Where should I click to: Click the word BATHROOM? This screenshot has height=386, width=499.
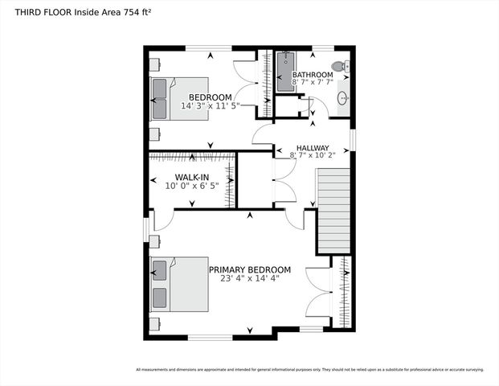313,75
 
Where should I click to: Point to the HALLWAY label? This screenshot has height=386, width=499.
312,148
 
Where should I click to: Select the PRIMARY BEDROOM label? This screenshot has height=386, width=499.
250,270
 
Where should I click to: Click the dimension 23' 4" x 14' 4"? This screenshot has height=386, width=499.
250,279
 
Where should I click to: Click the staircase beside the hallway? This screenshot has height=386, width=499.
333,211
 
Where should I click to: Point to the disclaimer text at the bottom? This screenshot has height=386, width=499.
309,370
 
